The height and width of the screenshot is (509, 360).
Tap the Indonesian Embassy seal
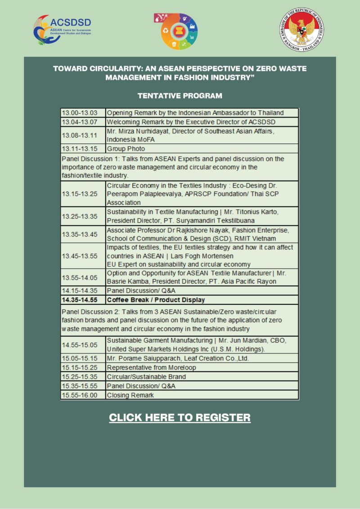tap(301, 31)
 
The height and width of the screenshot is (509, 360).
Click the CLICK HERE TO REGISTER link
tap(180, 417)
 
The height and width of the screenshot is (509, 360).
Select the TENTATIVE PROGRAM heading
tap(180, 96)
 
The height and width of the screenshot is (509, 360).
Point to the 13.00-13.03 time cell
tap(83, 113)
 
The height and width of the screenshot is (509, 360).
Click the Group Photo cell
tap(202, 148)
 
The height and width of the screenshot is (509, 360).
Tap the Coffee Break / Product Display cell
tap(202, 300)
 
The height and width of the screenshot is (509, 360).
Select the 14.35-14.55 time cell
tap(83, 300)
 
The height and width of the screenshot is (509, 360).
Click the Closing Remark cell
tap(202, 395)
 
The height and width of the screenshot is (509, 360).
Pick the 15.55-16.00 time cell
tap(83, 395)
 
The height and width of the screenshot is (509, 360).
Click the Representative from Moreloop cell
tap(202, 367)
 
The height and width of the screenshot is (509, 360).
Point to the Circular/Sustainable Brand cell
tap(202, 377)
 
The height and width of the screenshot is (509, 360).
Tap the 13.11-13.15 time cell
tap(83, 148)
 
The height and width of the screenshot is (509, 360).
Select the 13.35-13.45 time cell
tap(83, 234)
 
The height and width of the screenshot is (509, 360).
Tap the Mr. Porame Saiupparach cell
tap(202, 358)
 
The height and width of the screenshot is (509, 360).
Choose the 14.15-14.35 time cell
tap(83, 290)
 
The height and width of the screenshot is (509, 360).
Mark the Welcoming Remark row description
tap(202, 122)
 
